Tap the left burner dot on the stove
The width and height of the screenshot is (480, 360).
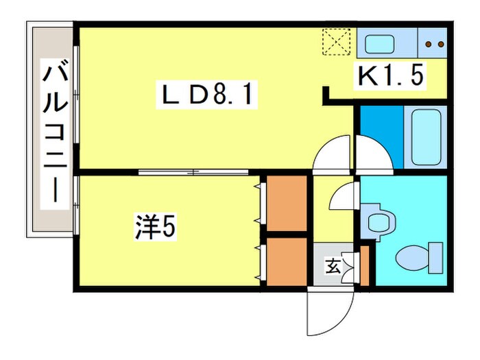pyautogui.click(x=428, y=45)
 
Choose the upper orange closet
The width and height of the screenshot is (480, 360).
pyautogui.click(x=287, y=203)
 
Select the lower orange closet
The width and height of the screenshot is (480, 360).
pyautogui.click(x=287, y=261)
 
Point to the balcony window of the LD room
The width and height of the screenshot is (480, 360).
pyautogui.click(x=76, y=103)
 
